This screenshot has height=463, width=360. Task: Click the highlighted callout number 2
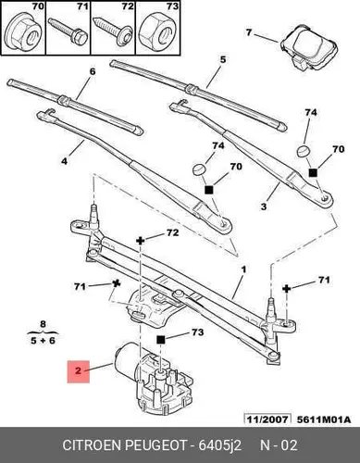(79, 371)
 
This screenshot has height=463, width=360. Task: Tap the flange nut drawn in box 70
(24, 33)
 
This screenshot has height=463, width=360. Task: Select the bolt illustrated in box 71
(68, 31)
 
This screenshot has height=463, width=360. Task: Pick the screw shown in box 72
(113, 31)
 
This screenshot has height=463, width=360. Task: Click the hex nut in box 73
(156, 33)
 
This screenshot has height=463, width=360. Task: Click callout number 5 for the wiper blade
(223, 59)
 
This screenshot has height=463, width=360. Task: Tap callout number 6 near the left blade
(93, 71)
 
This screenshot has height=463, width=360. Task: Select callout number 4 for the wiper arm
(64, 161)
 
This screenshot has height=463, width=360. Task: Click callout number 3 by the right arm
(263, 206)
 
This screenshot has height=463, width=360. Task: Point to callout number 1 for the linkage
(243, 269)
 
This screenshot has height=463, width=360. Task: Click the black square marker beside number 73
(161, 340)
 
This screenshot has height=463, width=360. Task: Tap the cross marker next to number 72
(141, 241)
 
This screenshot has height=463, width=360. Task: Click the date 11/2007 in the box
(267, 419)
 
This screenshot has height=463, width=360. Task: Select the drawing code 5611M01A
(324, 419)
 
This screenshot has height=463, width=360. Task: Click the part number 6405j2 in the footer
(220, 445)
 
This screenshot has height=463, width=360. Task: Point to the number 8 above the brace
(43, 324)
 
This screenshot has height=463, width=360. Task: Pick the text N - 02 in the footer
(279, 445)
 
